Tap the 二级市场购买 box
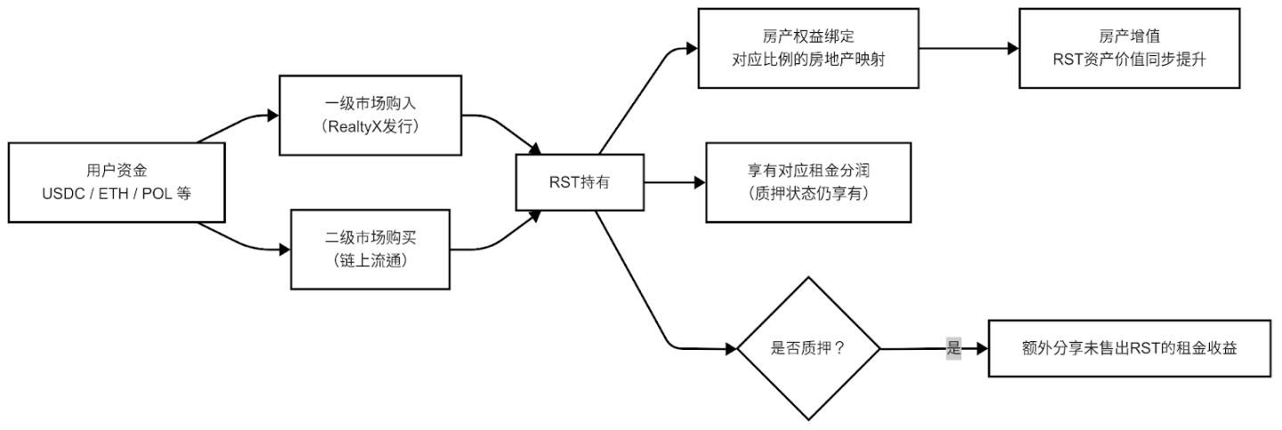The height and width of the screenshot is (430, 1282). [x=371, y=248]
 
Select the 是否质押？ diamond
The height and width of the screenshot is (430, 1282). [x=808, y=349]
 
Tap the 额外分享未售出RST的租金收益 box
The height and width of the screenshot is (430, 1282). [x=1129, y=348]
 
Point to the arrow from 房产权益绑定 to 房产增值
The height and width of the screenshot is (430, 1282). [x=956, y=48]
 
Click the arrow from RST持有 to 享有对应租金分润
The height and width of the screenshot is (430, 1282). [x=674, y=183]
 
